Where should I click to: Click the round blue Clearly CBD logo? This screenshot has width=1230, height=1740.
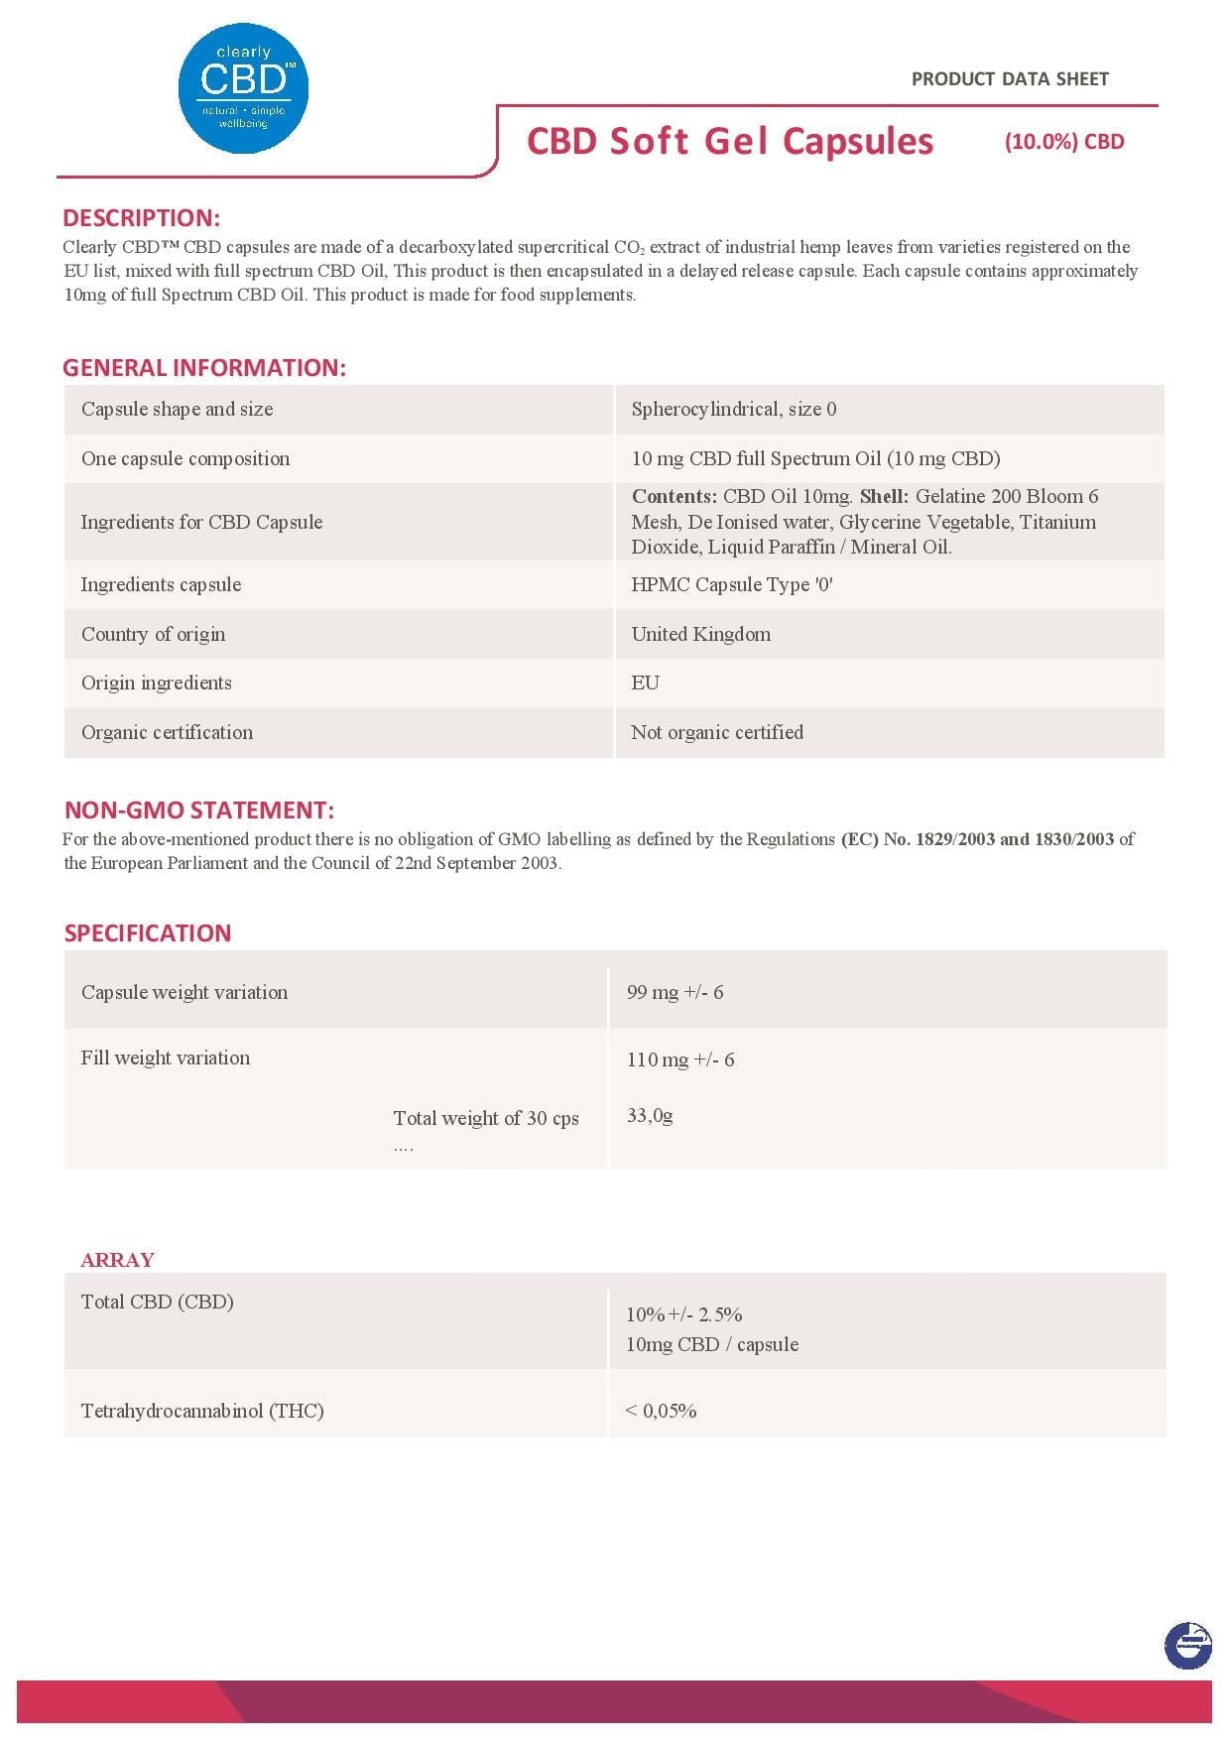pos(243,89)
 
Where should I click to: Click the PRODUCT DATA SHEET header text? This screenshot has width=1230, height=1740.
pos(1010,79)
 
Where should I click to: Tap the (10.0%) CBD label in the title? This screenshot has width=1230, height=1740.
pos(1064,142)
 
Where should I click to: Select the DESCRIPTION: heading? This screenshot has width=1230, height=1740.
pos(141,218)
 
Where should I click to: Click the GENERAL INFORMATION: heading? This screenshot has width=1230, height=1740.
pos(204,368)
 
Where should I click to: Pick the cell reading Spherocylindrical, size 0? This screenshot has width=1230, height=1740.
pos(733,409)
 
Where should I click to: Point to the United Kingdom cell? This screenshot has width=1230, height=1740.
pos(700,634)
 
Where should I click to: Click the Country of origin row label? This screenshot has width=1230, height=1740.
pos(153,634)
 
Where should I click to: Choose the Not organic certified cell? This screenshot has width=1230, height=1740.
pos(716,732)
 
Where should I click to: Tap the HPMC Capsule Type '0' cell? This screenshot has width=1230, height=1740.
pos(731,584)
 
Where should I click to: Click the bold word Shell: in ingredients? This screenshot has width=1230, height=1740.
pos(884,496)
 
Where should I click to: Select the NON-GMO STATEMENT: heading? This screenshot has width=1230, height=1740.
pos(198,810)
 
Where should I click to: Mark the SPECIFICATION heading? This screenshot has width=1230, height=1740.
pos(148,933)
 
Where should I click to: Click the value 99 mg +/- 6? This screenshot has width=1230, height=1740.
pos(675,992)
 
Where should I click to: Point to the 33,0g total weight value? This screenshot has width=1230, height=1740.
pos(650,1115)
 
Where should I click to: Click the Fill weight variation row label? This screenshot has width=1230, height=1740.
pos(166,1057)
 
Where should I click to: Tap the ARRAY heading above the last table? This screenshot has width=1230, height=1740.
pos(117,1260)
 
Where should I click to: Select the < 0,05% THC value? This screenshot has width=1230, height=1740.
pos(661,1411)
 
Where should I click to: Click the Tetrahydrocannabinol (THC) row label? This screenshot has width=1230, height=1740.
pos(202,1411)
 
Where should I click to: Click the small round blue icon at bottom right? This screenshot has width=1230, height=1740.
pos(1187,1646)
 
